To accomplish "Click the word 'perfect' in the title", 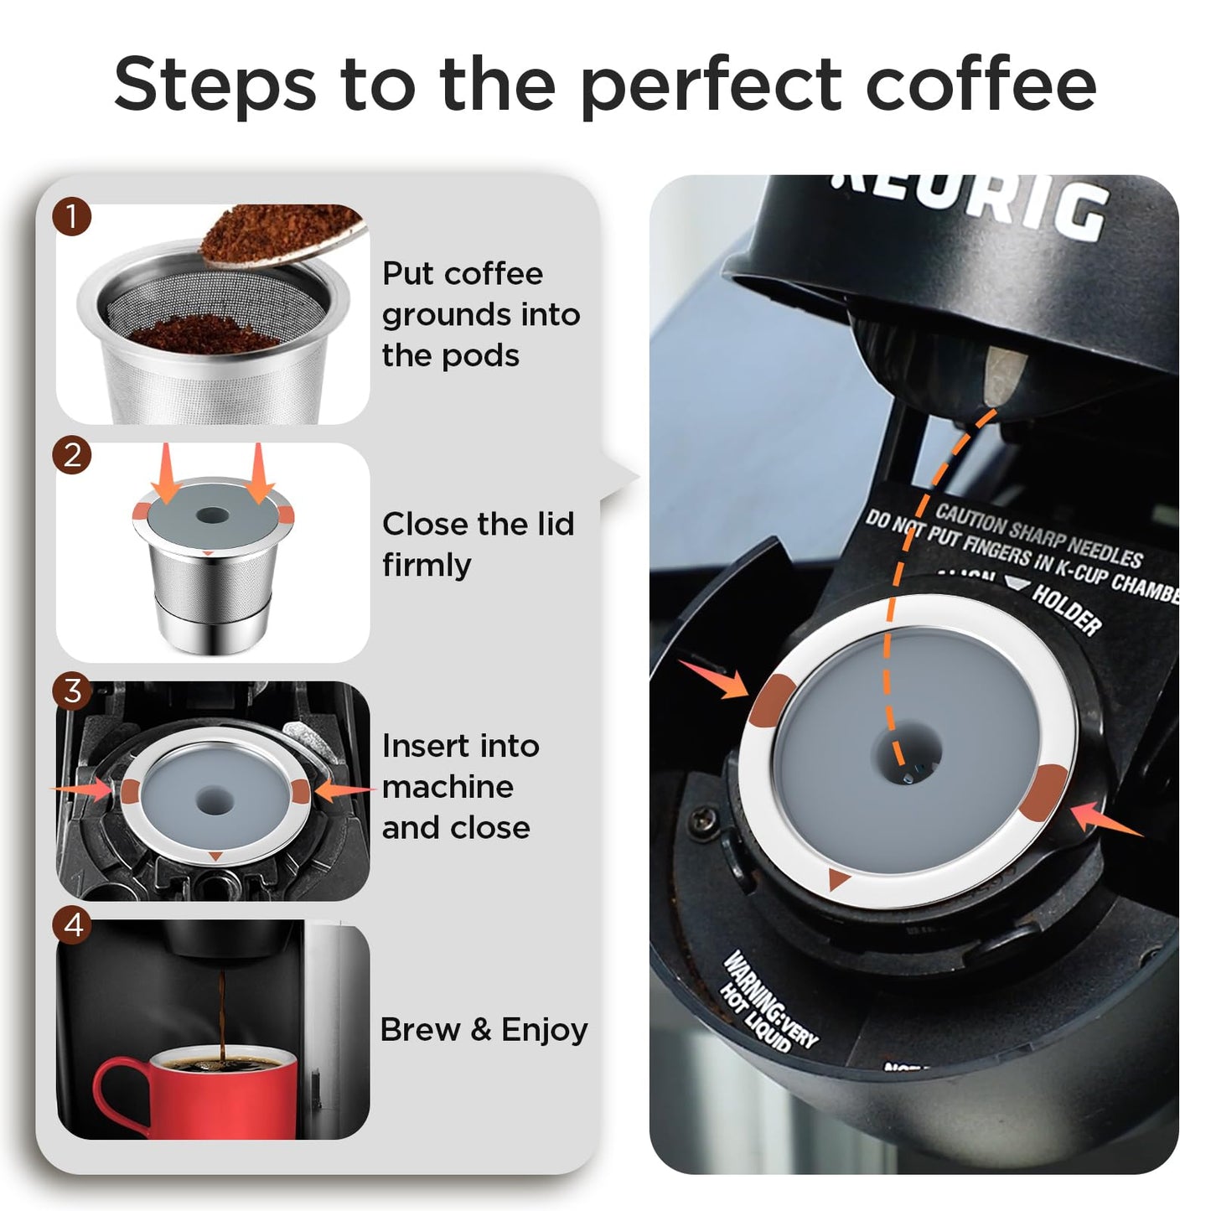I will tap(711, 85).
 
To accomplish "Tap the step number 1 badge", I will tap(71, 217).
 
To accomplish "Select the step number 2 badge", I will tap(71, 455).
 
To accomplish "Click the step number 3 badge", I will tap(71, 691).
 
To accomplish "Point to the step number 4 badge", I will tap(71, 925).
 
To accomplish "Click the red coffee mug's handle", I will tap(113, 1090).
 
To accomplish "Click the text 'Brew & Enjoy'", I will tap(484, 1030).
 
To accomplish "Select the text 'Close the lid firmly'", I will tap(478, 544).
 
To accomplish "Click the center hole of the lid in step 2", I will tap(211, 515).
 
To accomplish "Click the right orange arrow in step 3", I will tap(344, 789).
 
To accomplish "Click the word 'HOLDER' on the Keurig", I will tap(1066, 609).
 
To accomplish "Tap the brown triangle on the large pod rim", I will tap(837, 879).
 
